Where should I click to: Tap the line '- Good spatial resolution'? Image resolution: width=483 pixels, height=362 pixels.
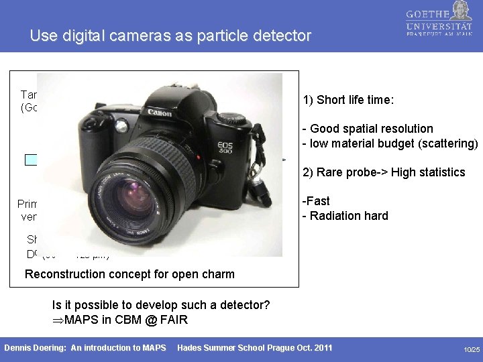coord(368,128)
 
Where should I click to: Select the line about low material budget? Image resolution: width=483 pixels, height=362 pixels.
coord(390,142)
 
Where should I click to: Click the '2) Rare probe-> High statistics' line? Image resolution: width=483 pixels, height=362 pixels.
coord(384,172)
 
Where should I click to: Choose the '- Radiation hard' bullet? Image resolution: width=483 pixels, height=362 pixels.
coord(345,215)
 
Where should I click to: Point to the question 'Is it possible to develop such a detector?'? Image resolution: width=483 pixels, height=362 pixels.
coord(161,305)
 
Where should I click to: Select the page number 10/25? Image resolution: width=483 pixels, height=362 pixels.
coord(472,350)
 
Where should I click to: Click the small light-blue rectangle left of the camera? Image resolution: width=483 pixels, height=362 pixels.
coord(31,160)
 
